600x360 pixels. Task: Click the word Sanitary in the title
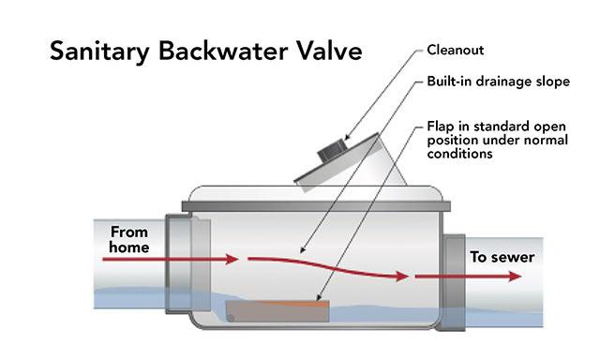click(x=99, y=52)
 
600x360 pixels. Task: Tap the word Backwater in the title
click(x=223, y=51)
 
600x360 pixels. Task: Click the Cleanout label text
click(x=456, y=50)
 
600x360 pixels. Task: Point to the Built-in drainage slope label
click(x=498, y=82)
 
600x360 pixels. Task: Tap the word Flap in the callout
click(x=441, y=127)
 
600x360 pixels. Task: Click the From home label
click(x=129, y=240)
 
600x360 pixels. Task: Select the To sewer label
click(x=502, y=257)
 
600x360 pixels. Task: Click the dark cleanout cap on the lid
click(x=331, y=150)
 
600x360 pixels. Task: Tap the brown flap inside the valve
click(x=277, y=311)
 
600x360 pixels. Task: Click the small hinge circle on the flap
click(x=232, y=319)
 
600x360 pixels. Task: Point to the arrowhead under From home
click(x=232, y=260)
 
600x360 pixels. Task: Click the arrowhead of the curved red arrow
click(x=402, y=276)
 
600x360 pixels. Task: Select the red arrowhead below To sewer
click(x=515, y=277)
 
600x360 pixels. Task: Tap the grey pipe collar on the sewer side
click(x=454, y=282)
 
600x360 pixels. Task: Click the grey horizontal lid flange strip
click(x=316, y=206)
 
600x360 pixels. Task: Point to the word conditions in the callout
click(x=459, y=154)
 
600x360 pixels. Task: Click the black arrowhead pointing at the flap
click(x=318, y=297)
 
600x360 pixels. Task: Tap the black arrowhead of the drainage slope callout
click(x=302, y=250)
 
